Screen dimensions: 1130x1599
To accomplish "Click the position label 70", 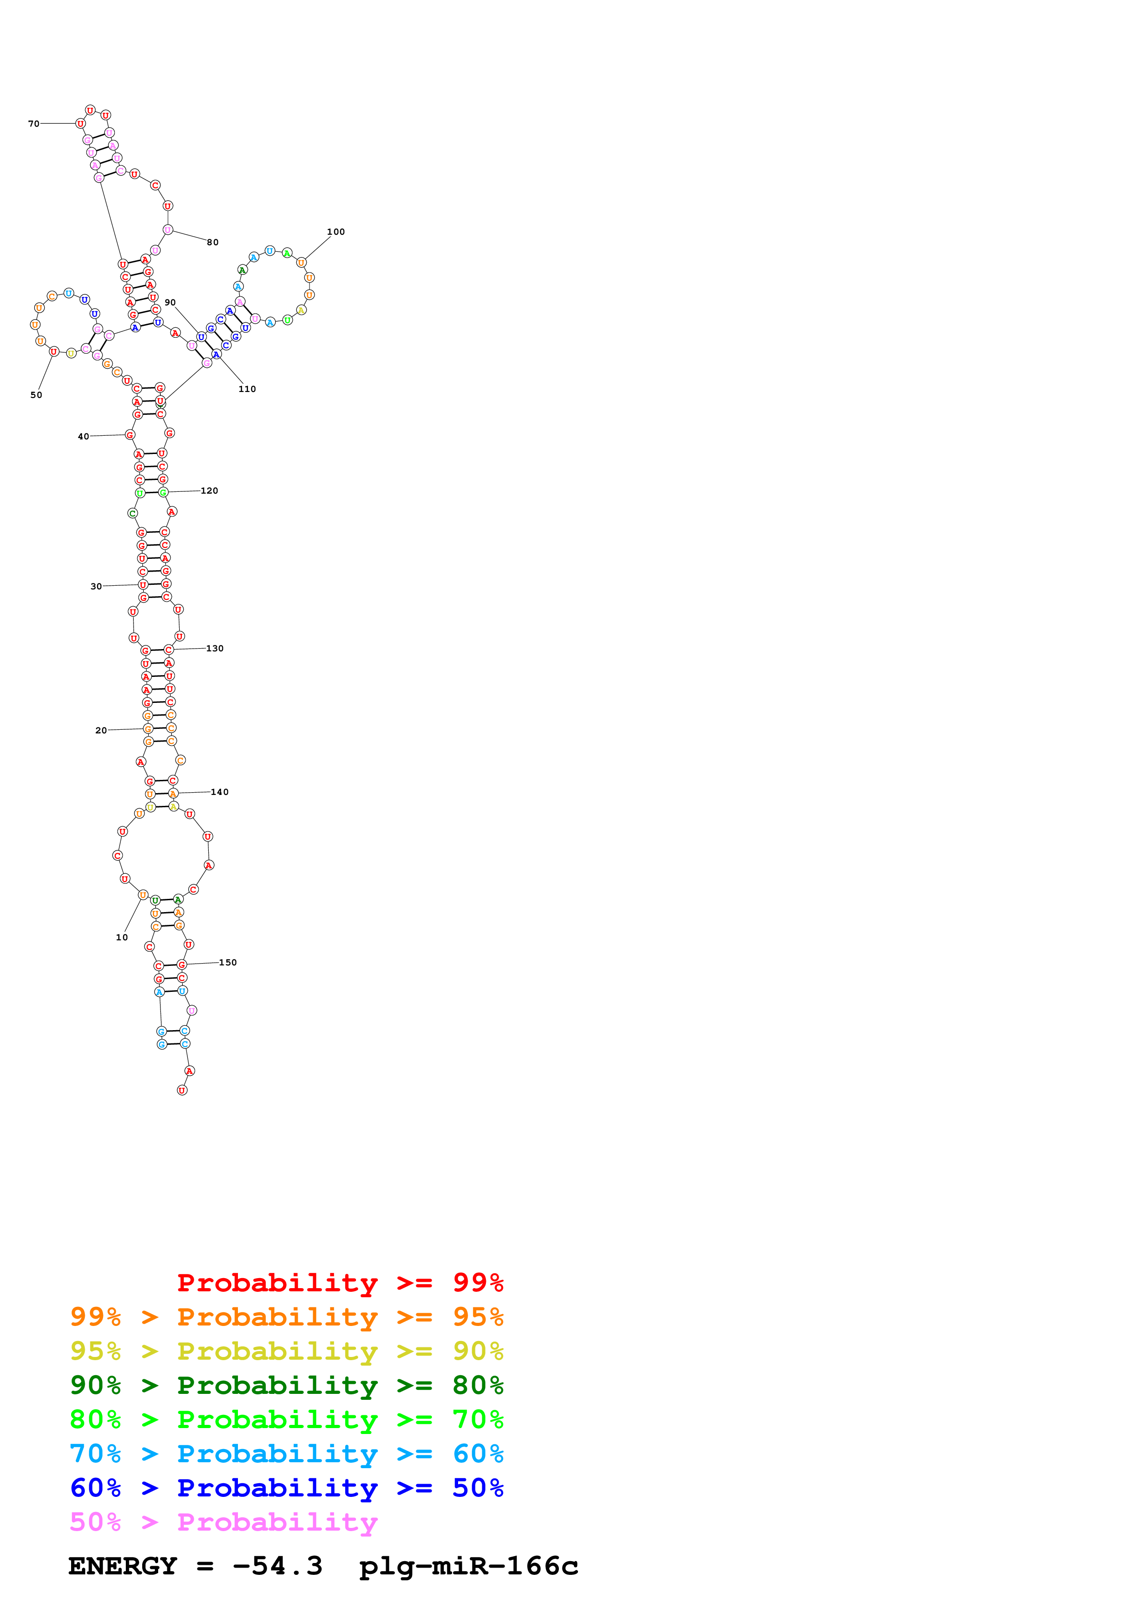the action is tap(33, 124).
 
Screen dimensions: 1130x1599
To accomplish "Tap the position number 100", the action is tap(335, 232).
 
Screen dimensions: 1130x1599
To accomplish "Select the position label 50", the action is tap(36, 395).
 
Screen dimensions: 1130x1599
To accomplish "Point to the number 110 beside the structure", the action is tap(247, 389).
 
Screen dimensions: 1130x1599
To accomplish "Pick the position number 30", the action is tap(96, 586).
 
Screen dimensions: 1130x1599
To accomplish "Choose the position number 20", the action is tap(101, 731).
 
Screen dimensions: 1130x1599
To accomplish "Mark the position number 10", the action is tap(122, 938).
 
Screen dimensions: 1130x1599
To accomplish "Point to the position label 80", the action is tap(213, 242).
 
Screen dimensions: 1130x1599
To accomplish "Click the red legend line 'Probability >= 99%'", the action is tap(340, 1283).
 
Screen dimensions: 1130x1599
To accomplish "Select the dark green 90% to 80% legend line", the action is tap(286, 1385).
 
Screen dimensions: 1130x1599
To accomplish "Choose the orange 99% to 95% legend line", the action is tap(286, 1317).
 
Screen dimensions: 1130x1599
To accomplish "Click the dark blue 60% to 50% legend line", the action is tap(286, 1488).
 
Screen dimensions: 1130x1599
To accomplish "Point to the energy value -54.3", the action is tap(278, 1566).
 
